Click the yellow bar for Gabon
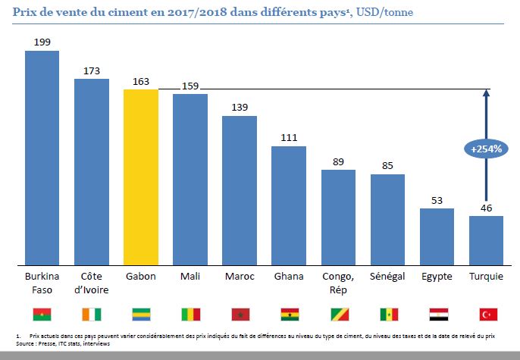tap(141, 177)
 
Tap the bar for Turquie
tap(486, 240)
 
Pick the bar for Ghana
tap(289, 205)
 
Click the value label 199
tap(42, 42)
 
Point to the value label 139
tap(240, 108)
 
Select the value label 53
tap(437, 200)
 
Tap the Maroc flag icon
tap(240, 314)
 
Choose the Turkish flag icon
tap(486, 314)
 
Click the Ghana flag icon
tap(289, 314)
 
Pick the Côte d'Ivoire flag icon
tap(92, 314)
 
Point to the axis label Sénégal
tap(387, 277)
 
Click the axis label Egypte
tap(437, 277)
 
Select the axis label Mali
tap(190, 277)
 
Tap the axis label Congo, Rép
tap(338, 283)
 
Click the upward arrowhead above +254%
tap(486, 93)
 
